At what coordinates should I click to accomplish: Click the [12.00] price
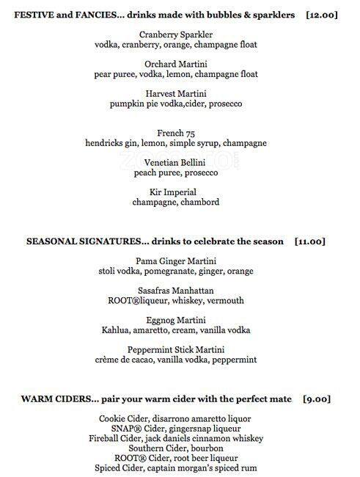click(323, 15)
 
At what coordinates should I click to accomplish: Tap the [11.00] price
click(309, 241)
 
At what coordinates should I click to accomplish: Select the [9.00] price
click(316, 398)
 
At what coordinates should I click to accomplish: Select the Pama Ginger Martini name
click(177, 261)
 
